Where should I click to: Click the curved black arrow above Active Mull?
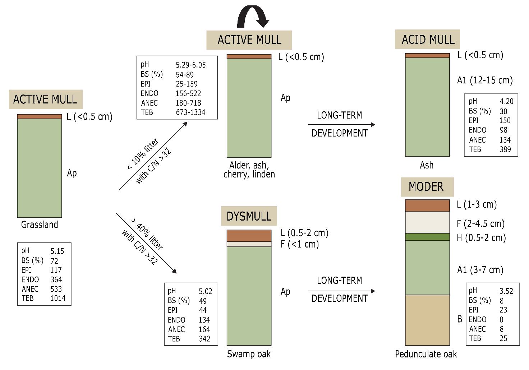pyautogui.click(x=253, y=16)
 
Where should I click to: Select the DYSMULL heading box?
pyautogui.click(x=249, y=216)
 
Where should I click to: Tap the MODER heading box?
pyautogui.click(x=427, y=187)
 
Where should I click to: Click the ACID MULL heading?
pyautogui.click(x=427, y=39)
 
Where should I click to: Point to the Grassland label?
pyautogui.click(x=40, y=225)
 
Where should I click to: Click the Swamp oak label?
pyautogui.click(x=249, y=354)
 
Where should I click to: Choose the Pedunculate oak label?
pyautogui.click(x=426, y=354)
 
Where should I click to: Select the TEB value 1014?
pyautogui.click(x=58, y=298)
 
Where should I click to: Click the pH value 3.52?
pyautogui.click(x=506, y=291)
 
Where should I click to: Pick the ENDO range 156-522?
pyautogui.click(x=188, y=93)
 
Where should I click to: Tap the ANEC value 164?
pyautogui.click(x=204, y=329)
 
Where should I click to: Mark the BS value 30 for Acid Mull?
pyautogui.click(x=503, y=111)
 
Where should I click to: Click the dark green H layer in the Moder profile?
pyautogui.click(x=427, y=237)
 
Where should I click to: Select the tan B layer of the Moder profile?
pyautogui.click(x=427, y=320)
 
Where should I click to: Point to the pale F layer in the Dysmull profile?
pyautogui.click(x=249, y=244)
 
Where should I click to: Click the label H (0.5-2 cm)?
pyautogui.click(x=481, y=238)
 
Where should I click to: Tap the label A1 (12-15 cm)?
pyautogui.click(x=485, y=80)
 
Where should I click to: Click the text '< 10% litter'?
pyautogui.click(x=143, y=154)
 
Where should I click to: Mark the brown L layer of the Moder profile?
pyautogui.click(x=427, y=205)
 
